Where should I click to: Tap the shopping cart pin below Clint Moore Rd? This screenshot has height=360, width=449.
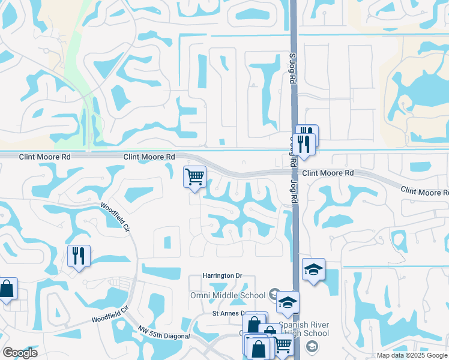coord(194,177)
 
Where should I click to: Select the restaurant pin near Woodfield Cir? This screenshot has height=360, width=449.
coord(79,256)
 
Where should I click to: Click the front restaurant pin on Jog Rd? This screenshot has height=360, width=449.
coord(305,145)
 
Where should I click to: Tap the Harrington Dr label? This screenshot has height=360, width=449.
coord(221,275)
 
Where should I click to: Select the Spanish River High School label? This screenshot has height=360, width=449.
coord(303,329)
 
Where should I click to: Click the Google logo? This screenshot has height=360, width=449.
coord(20,353)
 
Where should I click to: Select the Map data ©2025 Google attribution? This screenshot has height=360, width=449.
coord(412,355)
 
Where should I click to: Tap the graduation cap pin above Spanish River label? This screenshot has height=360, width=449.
coord(288,303)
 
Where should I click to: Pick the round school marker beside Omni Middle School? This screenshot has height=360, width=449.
coord(274,294)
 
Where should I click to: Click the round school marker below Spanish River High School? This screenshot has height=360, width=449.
coord(312,346)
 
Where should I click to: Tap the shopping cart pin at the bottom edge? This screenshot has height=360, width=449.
coord(283,344)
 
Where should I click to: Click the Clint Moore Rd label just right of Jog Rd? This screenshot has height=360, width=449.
coord(328,173)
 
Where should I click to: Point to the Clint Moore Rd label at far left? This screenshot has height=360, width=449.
coord(45,157)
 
